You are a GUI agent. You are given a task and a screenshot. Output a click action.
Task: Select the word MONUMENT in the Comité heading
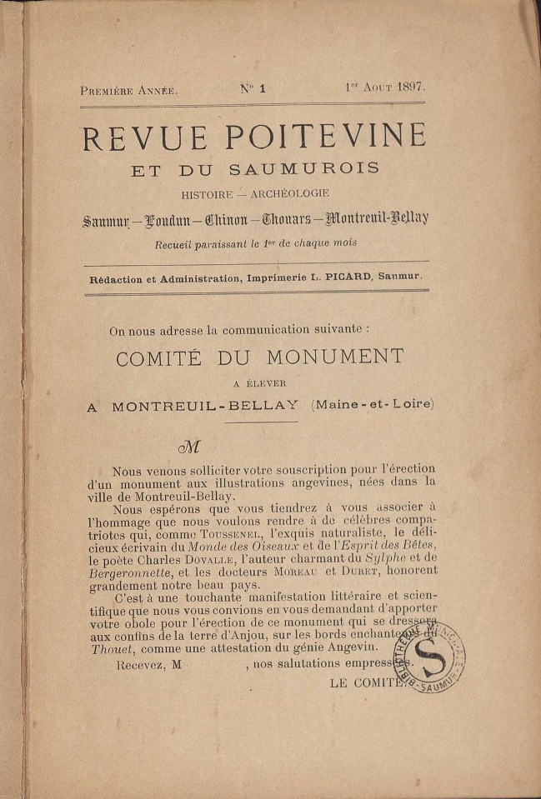click(x=335, y=357)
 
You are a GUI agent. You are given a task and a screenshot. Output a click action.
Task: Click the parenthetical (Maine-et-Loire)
click(x=373, y=404)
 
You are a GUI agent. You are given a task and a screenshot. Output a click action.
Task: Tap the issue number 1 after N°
click(x=261, y=87)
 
